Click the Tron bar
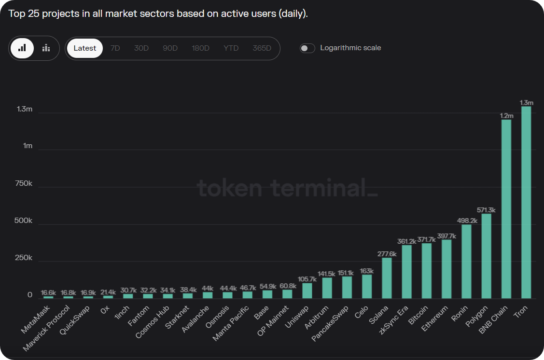pos(526,202)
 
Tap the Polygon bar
pos(487,256)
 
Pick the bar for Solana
pos(387,278)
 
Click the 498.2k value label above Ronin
pos(467,221)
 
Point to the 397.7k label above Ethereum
pos(447,236)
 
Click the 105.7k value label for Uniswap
pos(307,279)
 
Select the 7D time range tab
pos(115,48)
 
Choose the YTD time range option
pos(231,48)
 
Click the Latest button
pos(85,48)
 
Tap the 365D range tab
pos(262,48)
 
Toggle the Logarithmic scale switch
pos(307,48)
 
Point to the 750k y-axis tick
pos(24,183)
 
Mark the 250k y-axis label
pos(24,258)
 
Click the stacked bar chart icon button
pos(46,48)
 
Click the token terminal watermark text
pos(287,188)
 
